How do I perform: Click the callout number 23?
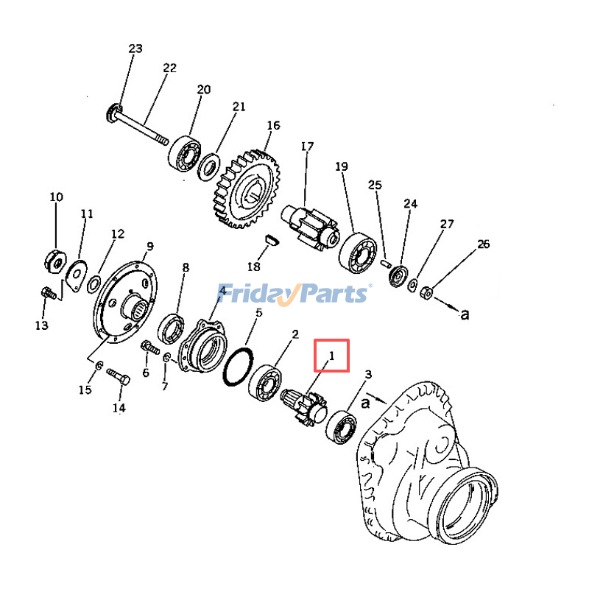point(135,49)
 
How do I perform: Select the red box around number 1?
point(331,356)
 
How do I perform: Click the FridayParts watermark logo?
point(294,294)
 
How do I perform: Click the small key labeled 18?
point(270,239)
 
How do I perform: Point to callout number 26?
point(483,244)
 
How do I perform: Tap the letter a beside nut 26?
point(465,314)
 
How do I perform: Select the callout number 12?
point(118,234)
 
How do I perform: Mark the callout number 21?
point(239,107)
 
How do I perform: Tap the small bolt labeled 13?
point(49,294)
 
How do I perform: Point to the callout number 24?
point(410,203)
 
